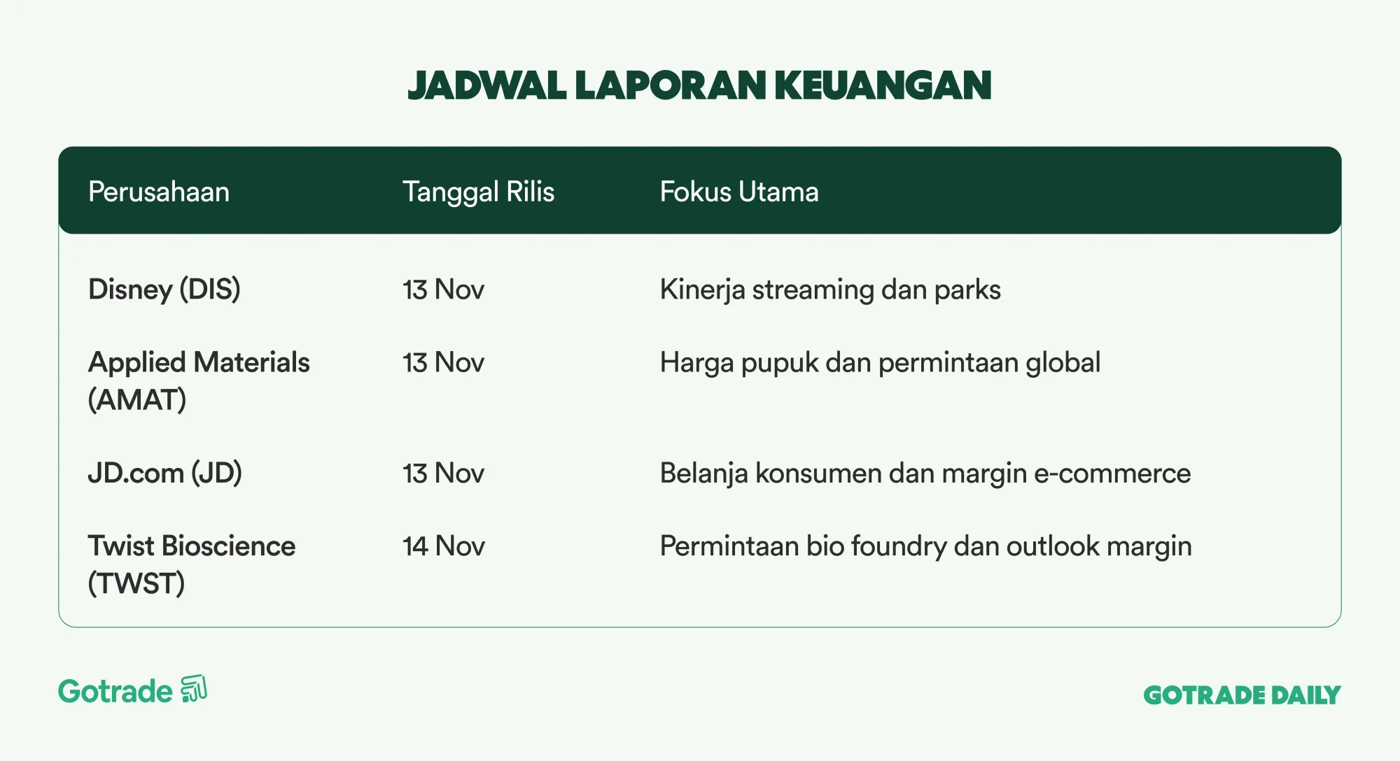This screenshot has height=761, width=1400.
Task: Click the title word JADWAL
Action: point(486,85)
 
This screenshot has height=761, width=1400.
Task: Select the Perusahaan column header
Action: point(159,192)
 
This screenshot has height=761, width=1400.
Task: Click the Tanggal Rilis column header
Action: point(478,192)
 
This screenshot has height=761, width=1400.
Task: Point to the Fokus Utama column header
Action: point(739,192)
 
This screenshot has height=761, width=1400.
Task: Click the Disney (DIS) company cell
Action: point(164,290)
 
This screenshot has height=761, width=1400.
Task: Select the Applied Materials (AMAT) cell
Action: point(199,381)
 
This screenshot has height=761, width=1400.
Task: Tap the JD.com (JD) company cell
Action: point(165,474)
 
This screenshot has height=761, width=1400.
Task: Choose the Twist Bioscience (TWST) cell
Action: point(192,564)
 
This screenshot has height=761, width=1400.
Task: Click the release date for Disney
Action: point(443,290)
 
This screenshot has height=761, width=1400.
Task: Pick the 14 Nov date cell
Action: point(444,546)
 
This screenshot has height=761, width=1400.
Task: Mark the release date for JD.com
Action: point(443,474)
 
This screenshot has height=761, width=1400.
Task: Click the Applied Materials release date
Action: point(443,363)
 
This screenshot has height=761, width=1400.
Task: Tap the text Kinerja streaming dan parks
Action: point(830,290)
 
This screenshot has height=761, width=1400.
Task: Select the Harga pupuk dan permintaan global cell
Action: point(880,363)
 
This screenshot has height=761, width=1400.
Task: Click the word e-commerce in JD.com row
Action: point(1112,474)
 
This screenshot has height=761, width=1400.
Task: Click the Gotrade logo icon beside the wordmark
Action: point(194,689)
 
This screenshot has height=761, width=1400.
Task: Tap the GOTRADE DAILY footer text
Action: point(1242,695)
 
